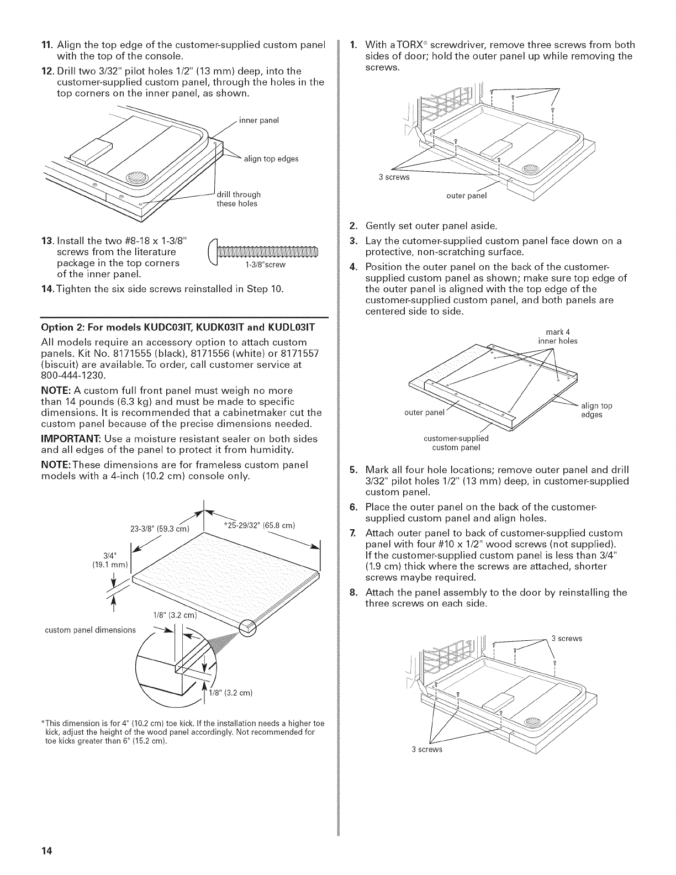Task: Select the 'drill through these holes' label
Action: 238,199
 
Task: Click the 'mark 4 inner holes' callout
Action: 558,336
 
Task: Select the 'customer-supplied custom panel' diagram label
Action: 456,443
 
